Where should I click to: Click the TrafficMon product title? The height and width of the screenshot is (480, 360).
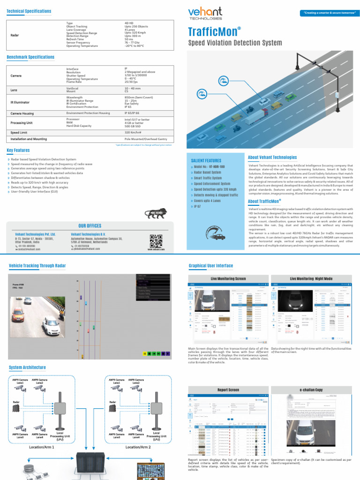click(x=214, y=32)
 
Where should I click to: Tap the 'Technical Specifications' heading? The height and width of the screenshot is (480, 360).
click(x=29, y=11)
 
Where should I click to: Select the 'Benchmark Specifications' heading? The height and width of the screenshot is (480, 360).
click(x=30, y=57)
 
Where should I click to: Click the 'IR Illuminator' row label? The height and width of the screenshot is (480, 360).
click(x=20, y=102)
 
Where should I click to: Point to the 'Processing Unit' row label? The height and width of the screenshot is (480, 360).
click(x=21, y=123)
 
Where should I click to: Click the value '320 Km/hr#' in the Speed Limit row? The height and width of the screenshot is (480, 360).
click(x=133, y=133)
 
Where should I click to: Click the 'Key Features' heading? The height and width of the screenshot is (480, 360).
click(x=18, y=150)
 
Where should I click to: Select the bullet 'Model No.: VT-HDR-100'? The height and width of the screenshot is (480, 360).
click(x=209, y=167)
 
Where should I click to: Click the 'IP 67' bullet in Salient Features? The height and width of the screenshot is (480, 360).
click(x=198, y=206)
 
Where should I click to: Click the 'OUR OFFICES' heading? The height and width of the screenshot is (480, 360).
click(x=90, y=226)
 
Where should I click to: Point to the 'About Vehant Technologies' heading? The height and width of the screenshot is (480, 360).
click(x=272, y=157)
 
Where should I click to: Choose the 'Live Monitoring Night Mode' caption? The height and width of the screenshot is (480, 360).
click(x=311, y=279)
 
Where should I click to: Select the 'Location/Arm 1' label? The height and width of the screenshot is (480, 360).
click(x=42, y=447)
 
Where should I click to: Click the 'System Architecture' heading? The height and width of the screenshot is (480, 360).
click(x=28, y=367)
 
